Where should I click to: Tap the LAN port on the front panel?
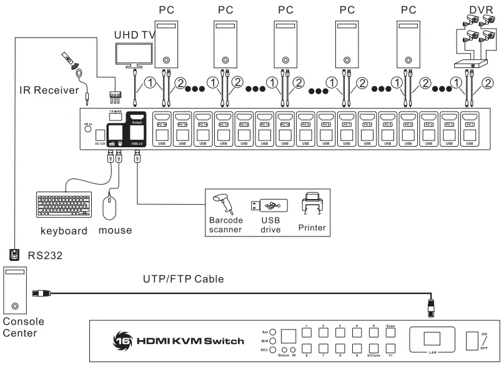pyautogui.click(x=431, y=339)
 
